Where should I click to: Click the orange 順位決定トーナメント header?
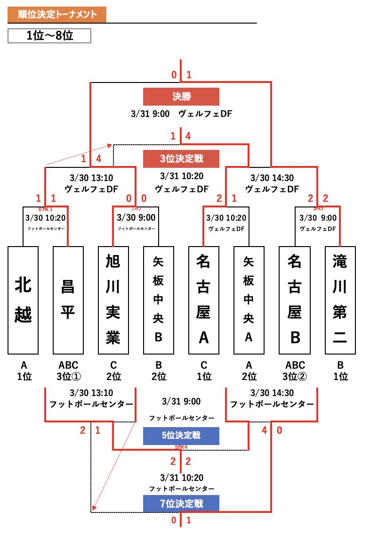tap(57, 15)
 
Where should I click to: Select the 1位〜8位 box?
tap(49, 36)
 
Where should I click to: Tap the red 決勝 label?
tap(181, 97)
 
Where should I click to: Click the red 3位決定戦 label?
tap(181, 158)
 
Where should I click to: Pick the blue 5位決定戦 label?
tap(181, 436)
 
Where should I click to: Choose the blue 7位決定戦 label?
tap(181, 504)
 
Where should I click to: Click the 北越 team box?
tap(23, 300)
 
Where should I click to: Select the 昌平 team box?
tap(68, 300)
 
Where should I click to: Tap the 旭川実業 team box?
tap(113, 300)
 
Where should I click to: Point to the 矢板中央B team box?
tap(159, 300)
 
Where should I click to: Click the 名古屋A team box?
tap(204, 300)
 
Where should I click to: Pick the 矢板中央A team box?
tap(249, 300)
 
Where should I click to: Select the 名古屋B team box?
tap(294, 300)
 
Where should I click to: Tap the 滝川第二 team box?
tap(339, 300)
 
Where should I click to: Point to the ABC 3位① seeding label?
tap(68, 371)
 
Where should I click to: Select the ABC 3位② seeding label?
tap(294, 371)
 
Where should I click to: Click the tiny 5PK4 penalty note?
tap(181, 446)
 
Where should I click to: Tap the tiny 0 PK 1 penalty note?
tap(45, 209)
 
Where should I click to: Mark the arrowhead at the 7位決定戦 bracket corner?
tap(94, 508)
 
